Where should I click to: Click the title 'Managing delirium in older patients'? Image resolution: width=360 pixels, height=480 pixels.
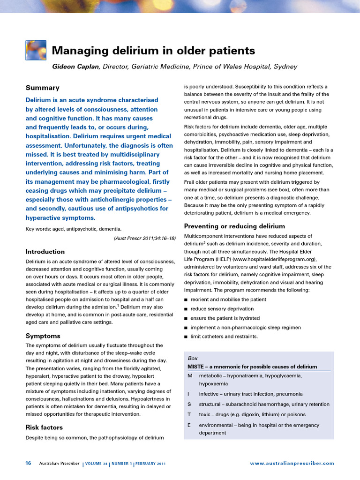pos(153,51)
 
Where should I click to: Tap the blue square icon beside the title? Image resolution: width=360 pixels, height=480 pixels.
pos(36,51)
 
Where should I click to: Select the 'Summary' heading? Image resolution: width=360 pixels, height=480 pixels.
pos(42,88)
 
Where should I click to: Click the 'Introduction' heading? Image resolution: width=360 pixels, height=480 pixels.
pos(45,251)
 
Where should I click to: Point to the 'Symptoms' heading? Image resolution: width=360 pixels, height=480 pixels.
pos(43,336)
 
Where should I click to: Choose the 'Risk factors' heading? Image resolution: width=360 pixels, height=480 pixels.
pos(44,427)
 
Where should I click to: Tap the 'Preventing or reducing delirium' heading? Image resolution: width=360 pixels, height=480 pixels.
pos(234,226)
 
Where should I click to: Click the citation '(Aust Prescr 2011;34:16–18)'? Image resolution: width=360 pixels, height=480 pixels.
pos(145,238)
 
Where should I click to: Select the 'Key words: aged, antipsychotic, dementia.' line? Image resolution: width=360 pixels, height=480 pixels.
pos(74,229)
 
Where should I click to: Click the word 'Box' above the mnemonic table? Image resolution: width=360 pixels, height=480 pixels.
pos(192,358)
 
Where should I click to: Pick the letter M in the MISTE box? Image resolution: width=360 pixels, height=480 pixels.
pos(189,376)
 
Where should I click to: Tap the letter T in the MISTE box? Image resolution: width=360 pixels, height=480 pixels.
pos(189,414)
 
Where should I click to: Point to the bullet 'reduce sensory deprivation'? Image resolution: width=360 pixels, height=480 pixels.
pos(222,309)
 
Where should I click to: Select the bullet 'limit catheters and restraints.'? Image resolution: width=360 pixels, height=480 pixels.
pos(224,337)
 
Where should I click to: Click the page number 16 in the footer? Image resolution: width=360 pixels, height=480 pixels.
pos(28,463)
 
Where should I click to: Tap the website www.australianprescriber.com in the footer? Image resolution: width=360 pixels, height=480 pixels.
pos(292,463)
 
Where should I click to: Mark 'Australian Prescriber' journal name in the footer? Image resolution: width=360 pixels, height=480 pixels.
pos(59,463)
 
